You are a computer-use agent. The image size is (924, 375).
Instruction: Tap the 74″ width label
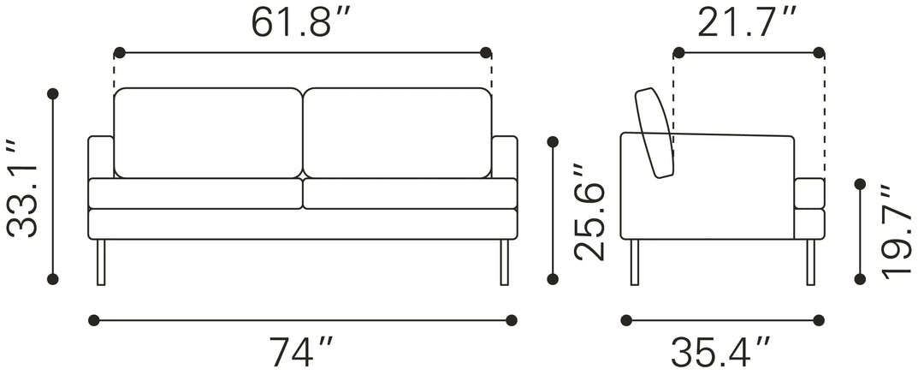tap(301, 351)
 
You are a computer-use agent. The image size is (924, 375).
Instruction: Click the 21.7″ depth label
tap(748, 23)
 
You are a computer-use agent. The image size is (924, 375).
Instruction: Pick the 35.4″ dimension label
tap(721, 351)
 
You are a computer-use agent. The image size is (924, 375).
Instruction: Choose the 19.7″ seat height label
tap(897, 229)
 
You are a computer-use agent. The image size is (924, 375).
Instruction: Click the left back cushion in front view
tap(208, 133)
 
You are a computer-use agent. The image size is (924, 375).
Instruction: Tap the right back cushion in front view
tap(397, 133)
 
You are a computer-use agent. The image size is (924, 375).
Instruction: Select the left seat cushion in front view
tap(196, 193)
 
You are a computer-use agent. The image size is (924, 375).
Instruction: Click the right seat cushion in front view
tap(410, 193)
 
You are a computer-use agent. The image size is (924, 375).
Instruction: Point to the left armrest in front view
tap(101, 157)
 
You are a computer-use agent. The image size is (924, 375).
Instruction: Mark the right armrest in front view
tap(505, 157)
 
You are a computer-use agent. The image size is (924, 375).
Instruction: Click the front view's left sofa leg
tap(101, 262)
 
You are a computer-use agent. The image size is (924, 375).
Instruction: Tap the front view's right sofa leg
tap(505, 262)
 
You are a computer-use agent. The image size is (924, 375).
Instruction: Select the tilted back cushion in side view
tap(655, 134)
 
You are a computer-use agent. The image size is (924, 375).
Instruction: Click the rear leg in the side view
tap(635, 262)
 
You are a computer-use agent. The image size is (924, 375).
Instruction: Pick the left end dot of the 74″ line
tap(94, 320)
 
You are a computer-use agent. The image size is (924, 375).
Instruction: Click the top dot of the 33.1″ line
tap(53, 93)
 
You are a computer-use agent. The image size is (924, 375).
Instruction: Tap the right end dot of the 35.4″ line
tap(819, 320)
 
